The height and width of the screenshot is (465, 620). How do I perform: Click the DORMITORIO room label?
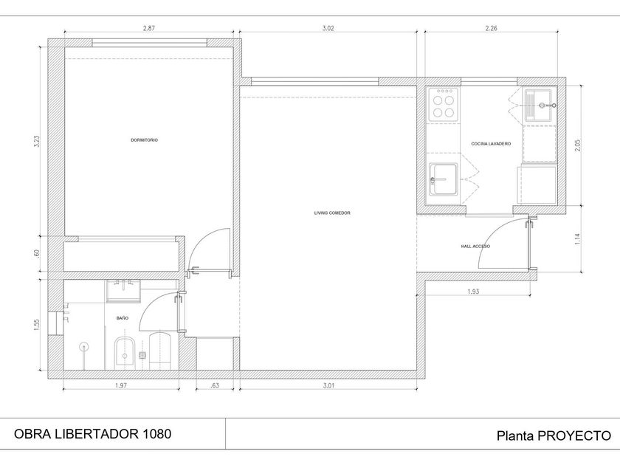pyautogui.click(x=145, y=140)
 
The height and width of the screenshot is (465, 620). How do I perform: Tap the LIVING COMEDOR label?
pyautogui.click(x=332, y=213)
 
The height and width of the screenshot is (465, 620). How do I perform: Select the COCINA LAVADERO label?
pyautogui.click(x=491, y=143)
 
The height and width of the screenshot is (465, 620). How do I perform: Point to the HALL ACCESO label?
pyautogui.click(x=475, y=246)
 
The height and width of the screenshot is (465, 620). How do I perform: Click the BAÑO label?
pyautogui.click(x=123, y=318)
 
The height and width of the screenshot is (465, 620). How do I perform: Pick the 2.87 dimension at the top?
pyautogui.click(x=148, y=28)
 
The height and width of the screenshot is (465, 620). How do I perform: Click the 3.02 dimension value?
pyautogui.click(x=328, y=28)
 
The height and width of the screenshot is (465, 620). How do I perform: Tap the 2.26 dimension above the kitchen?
pyautogui.click(x=491, y=28)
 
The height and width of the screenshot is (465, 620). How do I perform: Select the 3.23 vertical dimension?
pyautogui.click(x=37, y=142)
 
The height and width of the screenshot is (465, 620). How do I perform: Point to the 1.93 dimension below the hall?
pyautogui.click(x=473, y=292)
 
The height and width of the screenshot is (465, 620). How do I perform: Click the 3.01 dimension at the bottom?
pyautogui.click(x=328, y=385)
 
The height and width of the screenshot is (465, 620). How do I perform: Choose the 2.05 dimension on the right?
pyautogui.click(x=578, y=145)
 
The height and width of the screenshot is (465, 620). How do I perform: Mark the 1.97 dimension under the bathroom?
pyautogui.click(x=121, y=385)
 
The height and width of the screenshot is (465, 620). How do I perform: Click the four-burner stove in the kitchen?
pyautogui.click(x=444, y=104)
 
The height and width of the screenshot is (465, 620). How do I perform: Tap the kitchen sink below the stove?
pyautogui.click(x=444, y=179)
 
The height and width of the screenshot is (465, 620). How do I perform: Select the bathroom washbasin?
pyautogui.click(x=123, y=291)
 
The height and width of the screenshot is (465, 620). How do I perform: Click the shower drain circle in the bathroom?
pyautogui.click(x=83, y=346)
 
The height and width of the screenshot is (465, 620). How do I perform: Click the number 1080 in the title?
pyautogui.click(x=156, y=434)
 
